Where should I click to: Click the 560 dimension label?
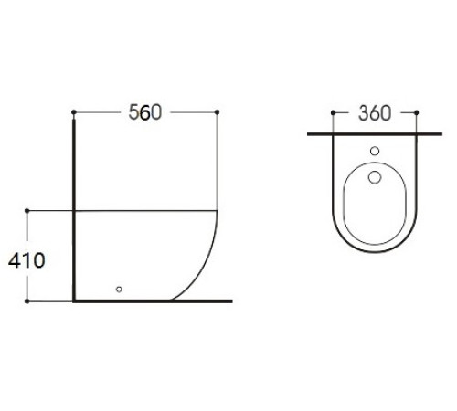(x=144, y=112)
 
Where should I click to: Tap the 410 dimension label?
(x=27, y=260)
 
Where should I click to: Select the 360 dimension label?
(x=375, y=113)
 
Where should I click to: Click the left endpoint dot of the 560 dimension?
(x=74, y=112)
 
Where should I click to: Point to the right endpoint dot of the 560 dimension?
(x=217, y=112)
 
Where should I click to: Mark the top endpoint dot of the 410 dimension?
(x=27, y=211)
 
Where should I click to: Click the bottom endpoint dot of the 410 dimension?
(x=27, y=301)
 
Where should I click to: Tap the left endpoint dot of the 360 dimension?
(x=333, y=113)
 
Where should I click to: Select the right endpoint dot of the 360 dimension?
(x=417, y=113)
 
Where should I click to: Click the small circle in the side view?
(x=119, y=290)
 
